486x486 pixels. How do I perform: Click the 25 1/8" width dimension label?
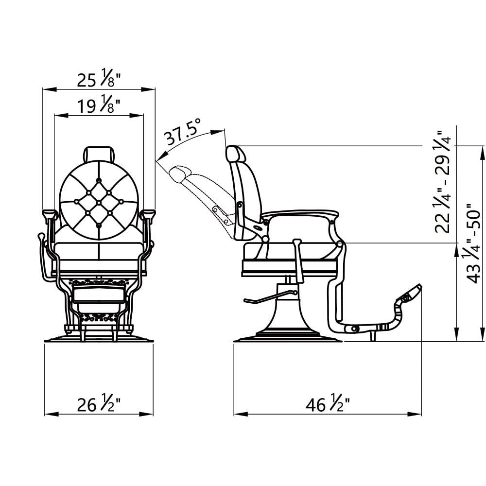click(x=99, y=80)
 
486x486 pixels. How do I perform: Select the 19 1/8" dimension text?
click(x=99, y=105)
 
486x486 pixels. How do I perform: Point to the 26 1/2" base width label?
click(x=99, y=404)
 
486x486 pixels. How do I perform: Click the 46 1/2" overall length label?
click(x=328, y=404)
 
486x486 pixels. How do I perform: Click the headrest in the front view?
click(x=99, y=154)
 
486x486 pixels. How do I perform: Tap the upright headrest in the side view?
click(x=236, y=154)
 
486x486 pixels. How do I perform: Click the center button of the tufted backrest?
click(x=99, y=202)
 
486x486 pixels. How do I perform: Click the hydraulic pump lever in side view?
click(x=270, y=297)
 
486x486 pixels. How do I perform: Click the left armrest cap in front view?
click(x=50, y=213)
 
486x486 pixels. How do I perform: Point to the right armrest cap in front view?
click(x=148, y=213)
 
